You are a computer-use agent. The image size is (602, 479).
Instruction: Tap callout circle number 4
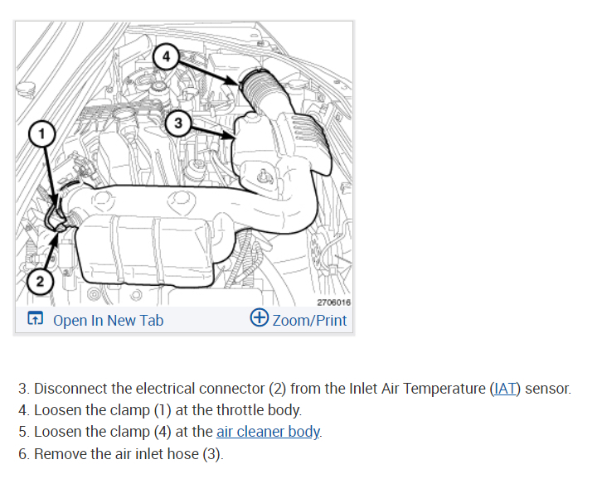(x=165, y=56)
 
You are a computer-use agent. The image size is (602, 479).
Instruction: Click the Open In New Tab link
(x=108, y=320)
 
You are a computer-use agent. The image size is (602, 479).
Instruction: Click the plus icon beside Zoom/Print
(x=259, y=319)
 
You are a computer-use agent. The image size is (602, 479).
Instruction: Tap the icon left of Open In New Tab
(x=35, y=320)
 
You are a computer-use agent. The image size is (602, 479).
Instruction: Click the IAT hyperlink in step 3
(x=504, y=388)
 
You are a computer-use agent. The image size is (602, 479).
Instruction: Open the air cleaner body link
(x=268, y=432)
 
